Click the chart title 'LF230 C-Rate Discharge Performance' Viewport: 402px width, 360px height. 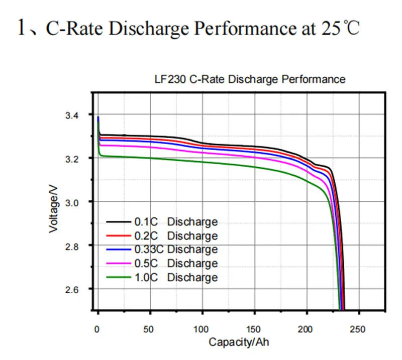pos(249,79)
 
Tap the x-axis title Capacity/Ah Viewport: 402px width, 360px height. pos(240,342)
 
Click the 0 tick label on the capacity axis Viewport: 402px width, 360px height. pos(97,329)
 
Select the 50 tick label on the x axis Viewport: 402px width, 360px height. pos(150,329)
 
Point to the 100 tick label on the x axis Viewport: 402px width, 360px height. pos(202,329)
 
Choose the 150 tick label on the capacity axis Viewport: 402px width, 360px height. pos(254,329)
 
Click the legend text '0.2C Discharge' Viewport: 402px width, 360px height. pos(175,235)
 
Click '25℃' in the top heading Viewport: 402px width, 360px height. pos(340,28)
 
